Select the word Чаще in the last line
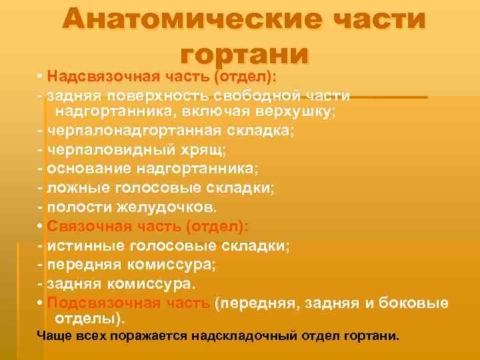coord(53,335)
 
